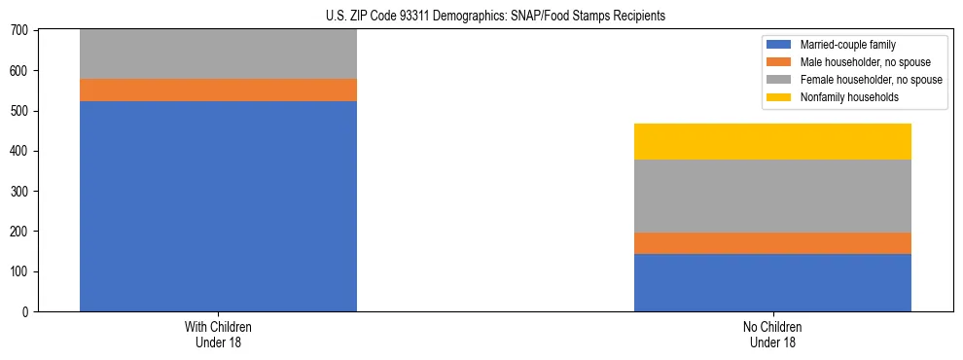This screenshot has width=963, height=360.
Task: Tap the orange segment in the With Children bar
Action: pyautogui.click(x=218, y=90)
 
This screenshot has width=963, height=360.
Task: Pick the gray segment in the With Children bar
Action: pyautogui.click(x=218, y=54)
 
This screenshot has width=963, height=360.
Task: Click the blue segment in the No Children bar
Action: pyautogui.click(x=772, y=282)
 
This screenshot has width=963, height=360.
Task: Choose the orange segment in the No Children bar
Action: pyautogui.click(x=772, y=243)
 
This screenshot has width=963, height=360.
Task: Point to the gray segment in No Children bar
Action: pyautogui.click(x=772, y=196)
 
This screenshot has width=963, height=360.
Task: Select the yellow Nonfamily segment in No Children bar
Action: pyautogui.click(x=772, y=141)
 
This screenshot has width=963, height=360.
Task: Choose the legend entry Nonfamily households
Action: pyautogui.click(x=848, y=97)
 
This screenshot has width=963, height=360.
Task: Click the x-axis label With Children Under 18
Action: pyautogui.click(x=218, y=334)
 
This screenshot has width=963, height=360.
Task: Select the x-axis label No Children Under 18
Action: pyautogui.click(x=772, y=334)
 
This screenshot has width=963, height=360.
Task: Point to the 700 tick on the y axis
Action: pyautogui.click(x=21, y=31)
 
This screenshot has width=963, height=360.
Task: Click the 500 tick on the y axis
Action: pyautogui.click(x=21, y=111)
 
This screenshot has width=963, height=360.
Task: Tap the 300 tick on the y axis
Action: pyautogui.click(x=21, y=192)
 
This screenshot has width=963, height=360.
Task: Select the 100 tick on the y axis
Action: pyautogui.click(x=21, y=271)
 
